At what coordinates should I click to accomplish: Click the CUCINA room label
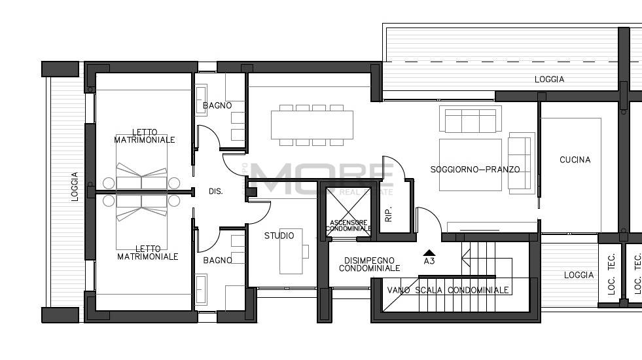point(575,160)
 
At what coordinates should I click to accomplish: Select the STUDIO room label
point(279,236)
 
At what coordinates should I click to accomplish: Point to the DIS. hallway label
point(215,192)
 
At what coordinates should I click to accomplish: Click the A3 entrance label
point(429,261)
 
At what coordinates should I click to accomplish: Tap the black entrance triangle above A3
point(429,252)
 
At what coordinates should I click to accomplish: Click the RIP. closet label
point(388,215)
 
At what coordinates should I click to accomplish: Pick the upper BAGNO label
point(217,105)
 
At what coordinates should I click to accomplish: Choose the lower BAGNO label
point(217,261)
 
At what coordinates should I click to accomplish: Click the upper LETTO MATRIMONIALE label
point(145,135)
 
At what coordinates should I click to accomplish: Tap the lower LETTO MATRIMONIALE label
point(147,253)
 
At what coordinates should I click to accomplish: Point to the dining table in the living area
point(312,124)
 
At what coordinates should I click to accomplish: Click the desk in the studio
point(291,251)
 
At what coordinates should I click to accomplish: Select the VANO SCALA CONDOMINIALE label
point(448,290)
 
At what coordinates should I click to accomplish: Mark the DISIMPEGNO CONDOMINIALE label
point(369,264)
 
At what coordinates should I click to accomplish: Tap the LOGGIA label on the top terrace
point(548,79)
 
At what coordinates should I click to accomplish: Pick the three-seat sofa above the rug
point(470,120)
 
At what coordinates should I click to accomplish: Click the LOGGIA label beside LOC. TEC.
point(579,276)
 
